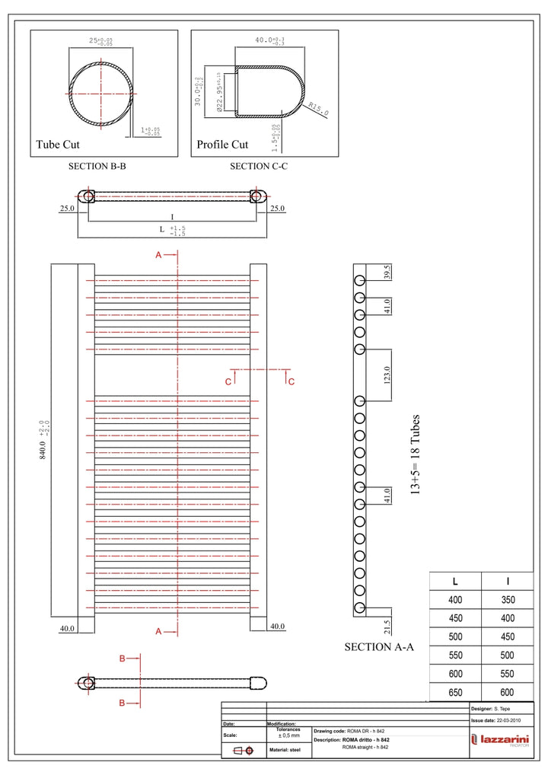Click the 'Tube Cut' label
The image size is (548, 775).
pyautogui.click(x=58, y=145)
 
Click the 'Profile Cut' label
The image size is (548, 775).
pyautogui.click(x=222, y=145)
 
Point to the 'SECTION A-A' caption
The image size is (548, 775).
pyautogui.click(x=379, y=647)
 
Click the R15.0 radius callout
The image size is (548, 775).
pyautogui.click(x=319, y=109)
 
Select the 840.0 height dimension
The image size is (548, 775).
pyautogui.click(x=43, y=442)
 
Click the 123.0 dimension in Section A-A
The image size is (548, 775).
pyautogui.click(x=387, y=375)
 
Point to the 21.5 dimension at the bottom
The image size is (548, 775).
pyautogui.click(x=387, y=627)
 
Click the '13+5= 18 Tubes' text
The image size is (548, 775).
pyautogui.click(x=415, y=455)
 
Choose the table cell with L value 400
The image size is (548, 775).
pyautogui.click(x=455, y=600)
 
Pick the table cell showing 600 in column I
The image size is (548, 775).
pyautogui.click(x=508, y=693)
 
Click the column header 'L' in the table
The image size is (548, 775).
pyautogui.click(x=455, y=581)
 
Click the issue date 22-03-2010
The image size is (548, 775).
pyautogui.click(x=508, y=719)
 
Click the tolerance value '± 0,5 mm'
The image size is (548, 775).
pyautogui.click(x=288, y=735)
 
